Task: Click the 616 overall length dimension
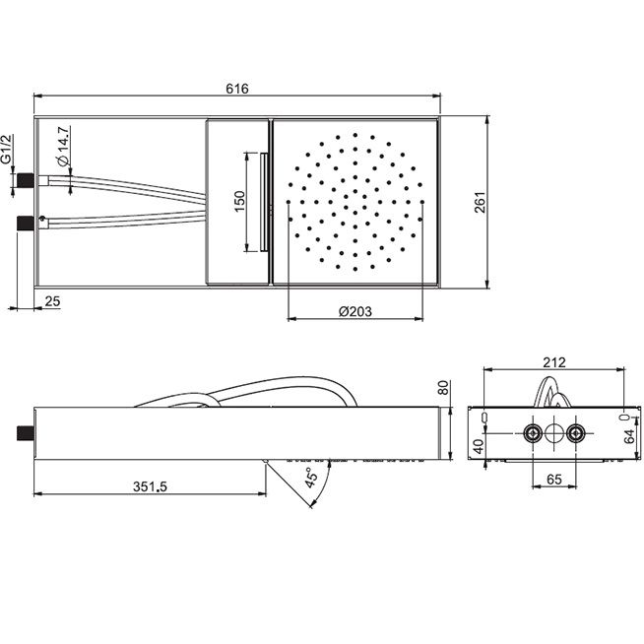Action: [x=237, y=89]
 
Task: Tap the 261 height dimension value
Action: [x=480, y=202]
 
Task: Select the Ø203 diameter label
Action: [x=355, y=311]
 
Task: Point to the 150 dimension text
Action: [x=239, y=201]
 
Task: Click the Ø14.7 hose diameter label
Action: [x=64, y=146]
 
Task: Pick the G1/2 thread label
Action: [x=6, y=149]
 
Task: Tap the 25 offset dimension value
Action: [x=52, y=301]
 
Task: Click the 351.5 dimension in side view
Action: [x=150, y=486]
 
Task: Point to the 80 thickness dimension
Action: [x=443, y=387]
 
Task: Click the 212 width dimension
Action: [x=554, y=362]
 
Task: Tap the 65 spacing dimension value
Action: [x=554, y=479]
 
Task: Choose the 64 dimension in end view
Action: [x=629, y=436]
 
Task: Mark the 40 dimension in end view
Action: [x=478, y=446]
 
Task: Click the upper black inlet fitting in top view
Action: [x=26, y=180]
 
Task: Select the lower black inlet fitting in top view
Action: [x=26, y=223]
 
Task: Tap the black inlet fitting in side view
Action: [x=26, y=433]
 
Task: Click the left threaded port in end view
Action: [x=533, y=433]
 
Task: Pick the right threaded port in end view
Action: [x=575, y=433]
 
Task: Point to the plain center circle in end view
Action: [x=554, y=433]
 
